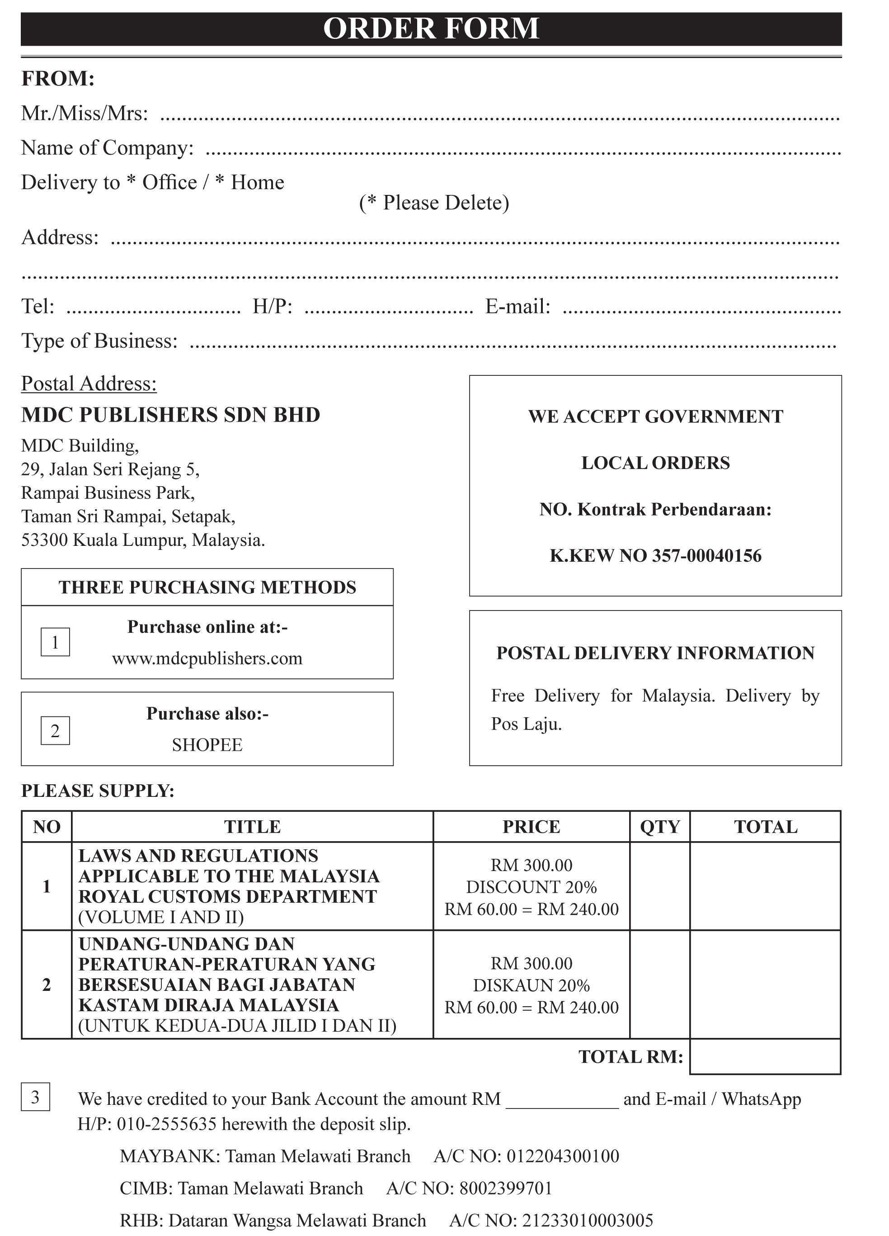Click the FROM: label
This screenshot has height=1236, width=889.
[58, 79]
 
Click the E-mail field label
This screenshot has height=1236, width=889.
[517, 306]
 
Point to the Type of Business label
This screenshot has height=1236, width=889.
[99, 341]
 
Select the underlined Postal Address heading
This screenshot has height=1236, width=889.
[89, 384]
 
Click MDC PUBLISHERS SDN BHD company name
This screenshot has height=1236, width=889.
[170, 415]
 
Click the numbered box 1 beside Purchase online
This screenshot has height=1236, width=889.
[55, 642]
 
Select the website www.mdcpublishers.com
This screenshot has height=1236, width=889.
[207, 658]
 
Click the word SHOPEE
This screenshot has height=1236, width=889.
[207, 744]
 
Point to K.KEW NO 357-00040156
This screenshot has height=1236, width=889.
[655, 555]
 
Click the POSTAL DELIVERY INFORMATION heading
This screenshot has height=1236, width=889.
[655, 653]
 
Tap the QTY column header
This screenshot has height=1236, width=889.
[660, 827]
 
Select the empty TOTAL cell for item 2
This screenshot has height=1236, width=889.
[765, 984]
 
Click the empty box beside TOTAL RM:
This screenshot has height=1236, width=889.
[765, 1057]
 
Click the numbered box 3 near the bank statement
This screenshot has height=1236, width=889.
[35, 1097]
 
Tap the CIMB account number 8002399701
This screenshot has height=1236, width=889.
[505, 1188]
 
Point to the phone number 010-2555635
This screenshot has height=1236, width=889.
[167, 1124]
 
